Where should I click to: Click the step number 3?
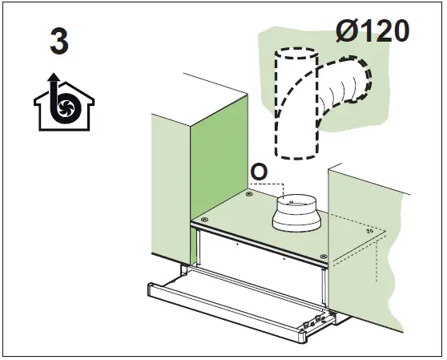(58, 42)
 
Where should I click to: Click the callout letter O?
(259, 172)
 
